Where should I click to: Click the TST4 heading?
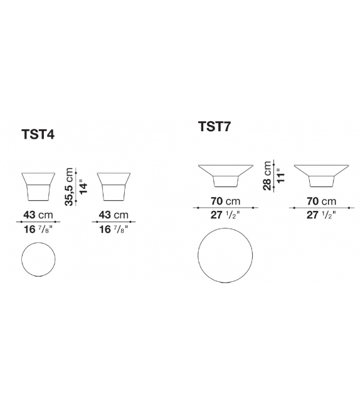(38, 134)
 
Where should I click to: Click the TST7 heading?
(214, 126)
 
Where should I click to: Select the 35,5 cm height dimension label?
(69, 187)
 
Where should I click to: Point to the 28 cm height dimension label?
(267, 176)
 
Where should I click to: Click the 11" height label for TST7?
(281, 176)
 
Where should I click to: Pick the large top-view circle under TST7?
(225, 255)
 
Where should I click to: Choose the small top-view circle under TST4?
(38, 259)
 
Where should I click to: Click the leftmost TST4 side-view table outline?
(38, 186)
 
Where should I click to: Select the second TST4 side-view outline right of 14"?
(114, 186)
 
